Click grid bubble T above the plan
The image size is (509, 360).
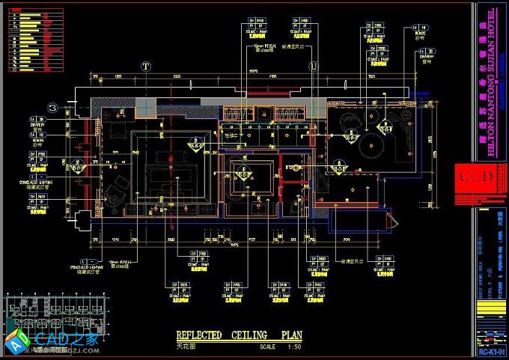(x=146, y=67)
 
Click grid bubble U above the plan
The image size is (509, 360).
(x=313, y=67)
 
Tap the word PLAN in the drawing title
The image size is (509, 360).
(x=292, y=335)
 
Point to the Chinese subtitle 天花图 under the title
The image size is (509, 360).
(x=186, y=347)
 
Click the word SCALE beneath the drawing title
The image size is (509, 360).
(x=267, y=347)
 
